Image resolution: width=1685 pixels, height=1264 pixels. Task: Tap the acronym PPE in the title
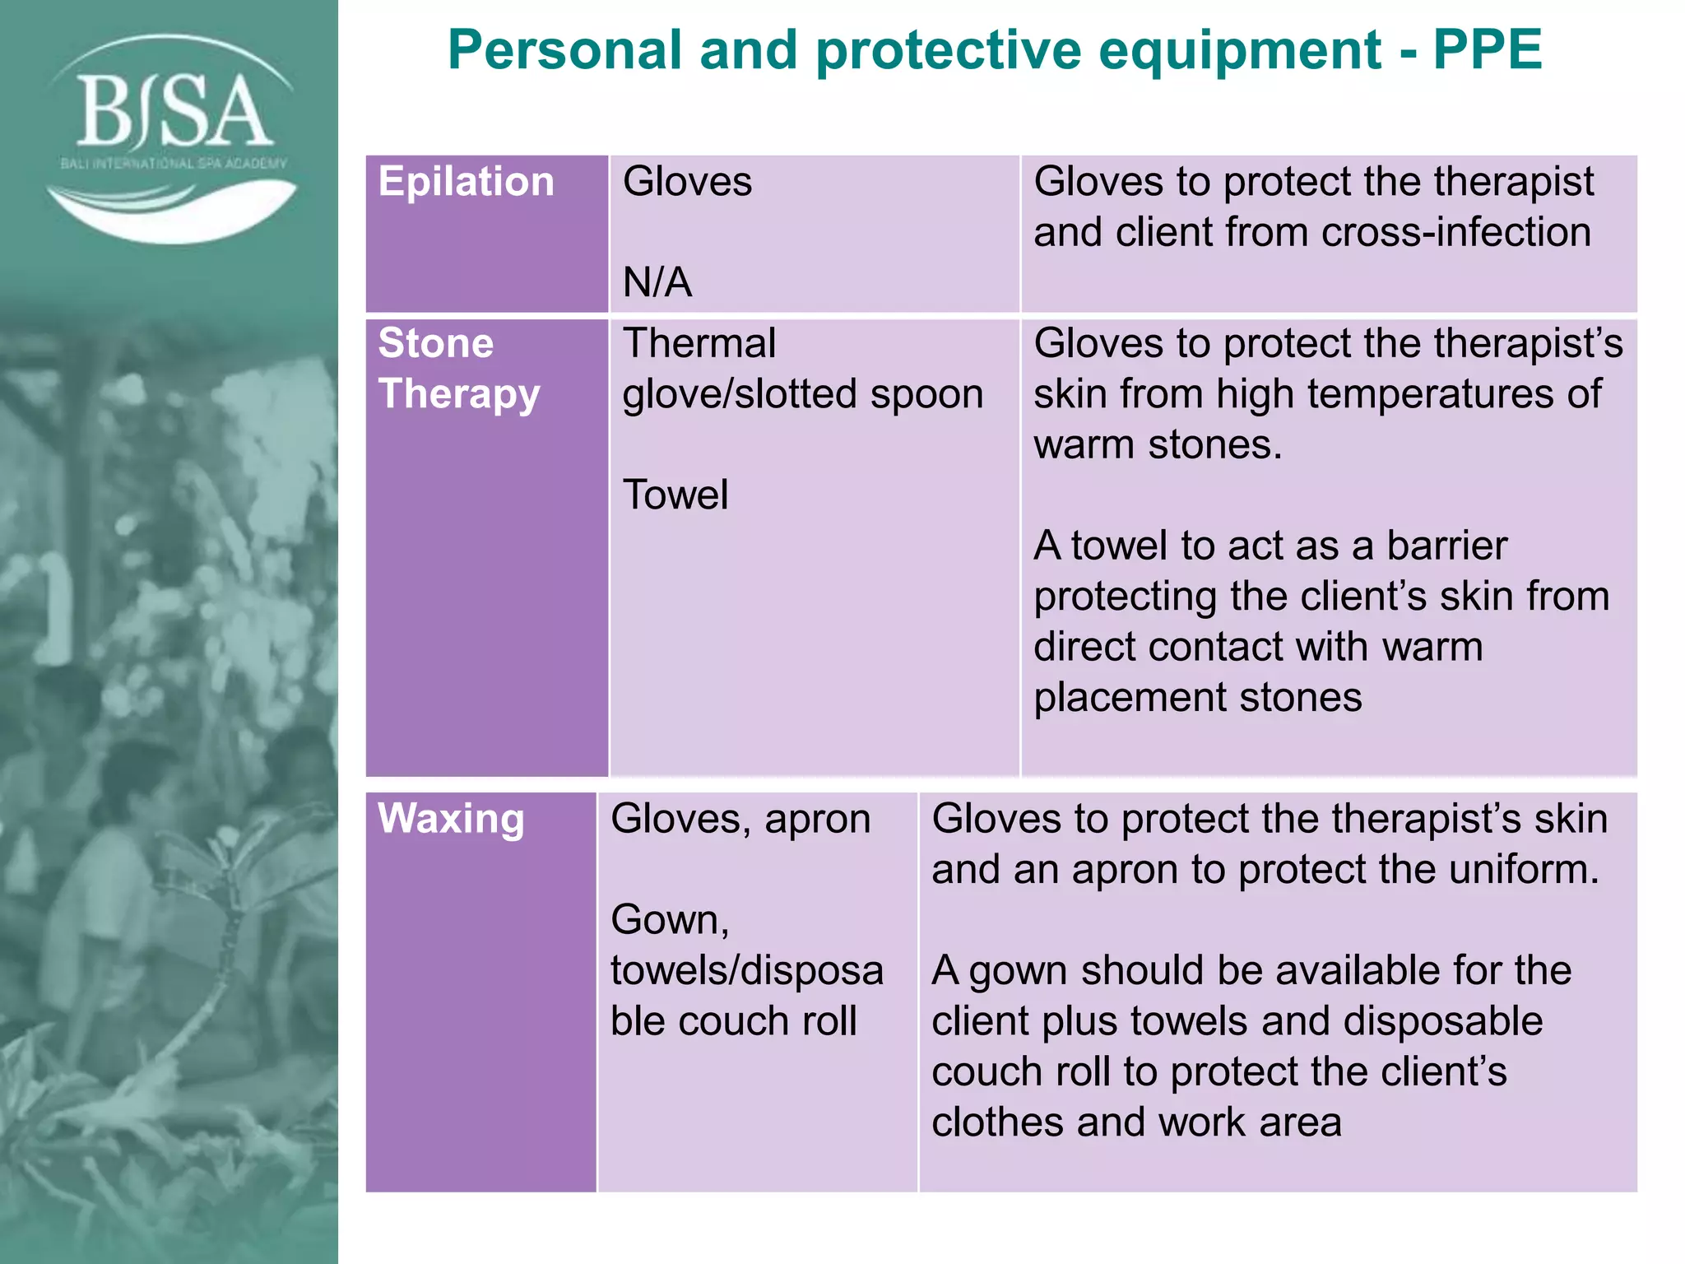[1487, 50]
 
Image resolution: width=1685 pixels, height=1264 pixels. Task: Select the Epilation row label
[466, 182]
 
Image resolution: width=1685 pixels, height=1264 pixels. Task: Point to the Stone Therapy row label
[458, 368]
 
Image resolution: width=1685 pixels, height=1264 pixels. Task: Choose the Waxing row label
[451, 819]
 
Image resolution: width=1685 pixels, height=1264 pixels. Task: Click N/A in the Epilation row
[657, 282]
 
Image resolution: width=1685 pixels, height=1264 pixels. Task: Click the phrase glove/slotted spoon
[802, 393]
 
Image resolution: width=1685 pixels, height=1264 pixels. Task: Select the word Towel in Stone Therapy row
[675, 495]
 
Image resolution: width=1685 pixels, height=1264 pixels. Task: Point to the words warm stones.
[1157, 444]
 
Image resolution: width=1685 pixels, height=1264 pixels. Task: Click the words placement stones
[1197, 697]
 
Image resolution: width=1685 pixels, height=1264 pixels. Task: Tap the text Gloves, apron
[740, 819]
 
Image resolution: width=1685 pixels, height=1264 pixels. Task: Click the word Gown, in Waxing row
[670, 919]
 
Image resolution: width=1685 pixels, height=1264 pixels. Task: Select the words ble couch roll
[733, 1020]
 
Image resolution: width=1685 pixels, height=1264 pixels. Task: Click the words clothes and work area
[1135, 1122]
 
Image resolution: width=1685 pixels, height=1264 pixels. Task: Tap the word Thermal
[699, 343]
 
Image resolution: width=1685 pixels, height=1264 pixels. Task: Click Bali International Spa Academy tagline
[174, 164]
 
